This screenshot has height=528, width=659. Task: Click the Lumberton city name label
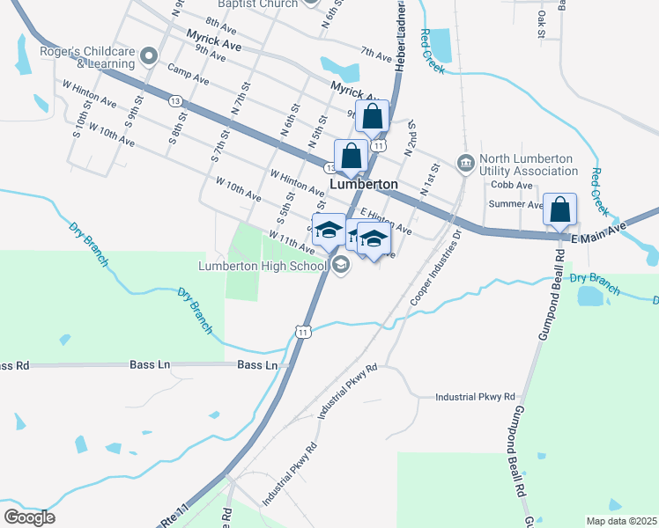pyautogui.click(x=363, y=184)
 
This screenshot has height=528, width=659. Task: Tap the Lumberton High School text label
pyautogui.click(x=263, y=265)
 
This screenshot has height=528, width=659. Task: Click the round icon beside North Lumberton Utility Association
pyautogui.click(x=464, y=163)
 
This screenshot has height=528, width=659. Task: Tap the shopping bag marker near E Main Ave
pyautogui.click(x=559, y=210)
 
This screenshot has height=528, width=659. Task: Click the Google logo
pyautogui.click(x=30, y=517)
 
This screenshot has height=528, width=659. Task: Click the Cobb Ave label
pyautogui.click(x=512, y=185)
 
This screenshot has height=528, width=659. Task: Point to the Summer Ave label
pyautogui.click(x=521, y=204)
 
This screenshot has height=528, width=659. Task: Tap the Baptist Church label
pyautogui.click(x=254, y=4)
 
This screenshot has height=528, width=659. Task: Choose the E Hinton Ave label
pyautogui.click(x=386, y=222)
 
